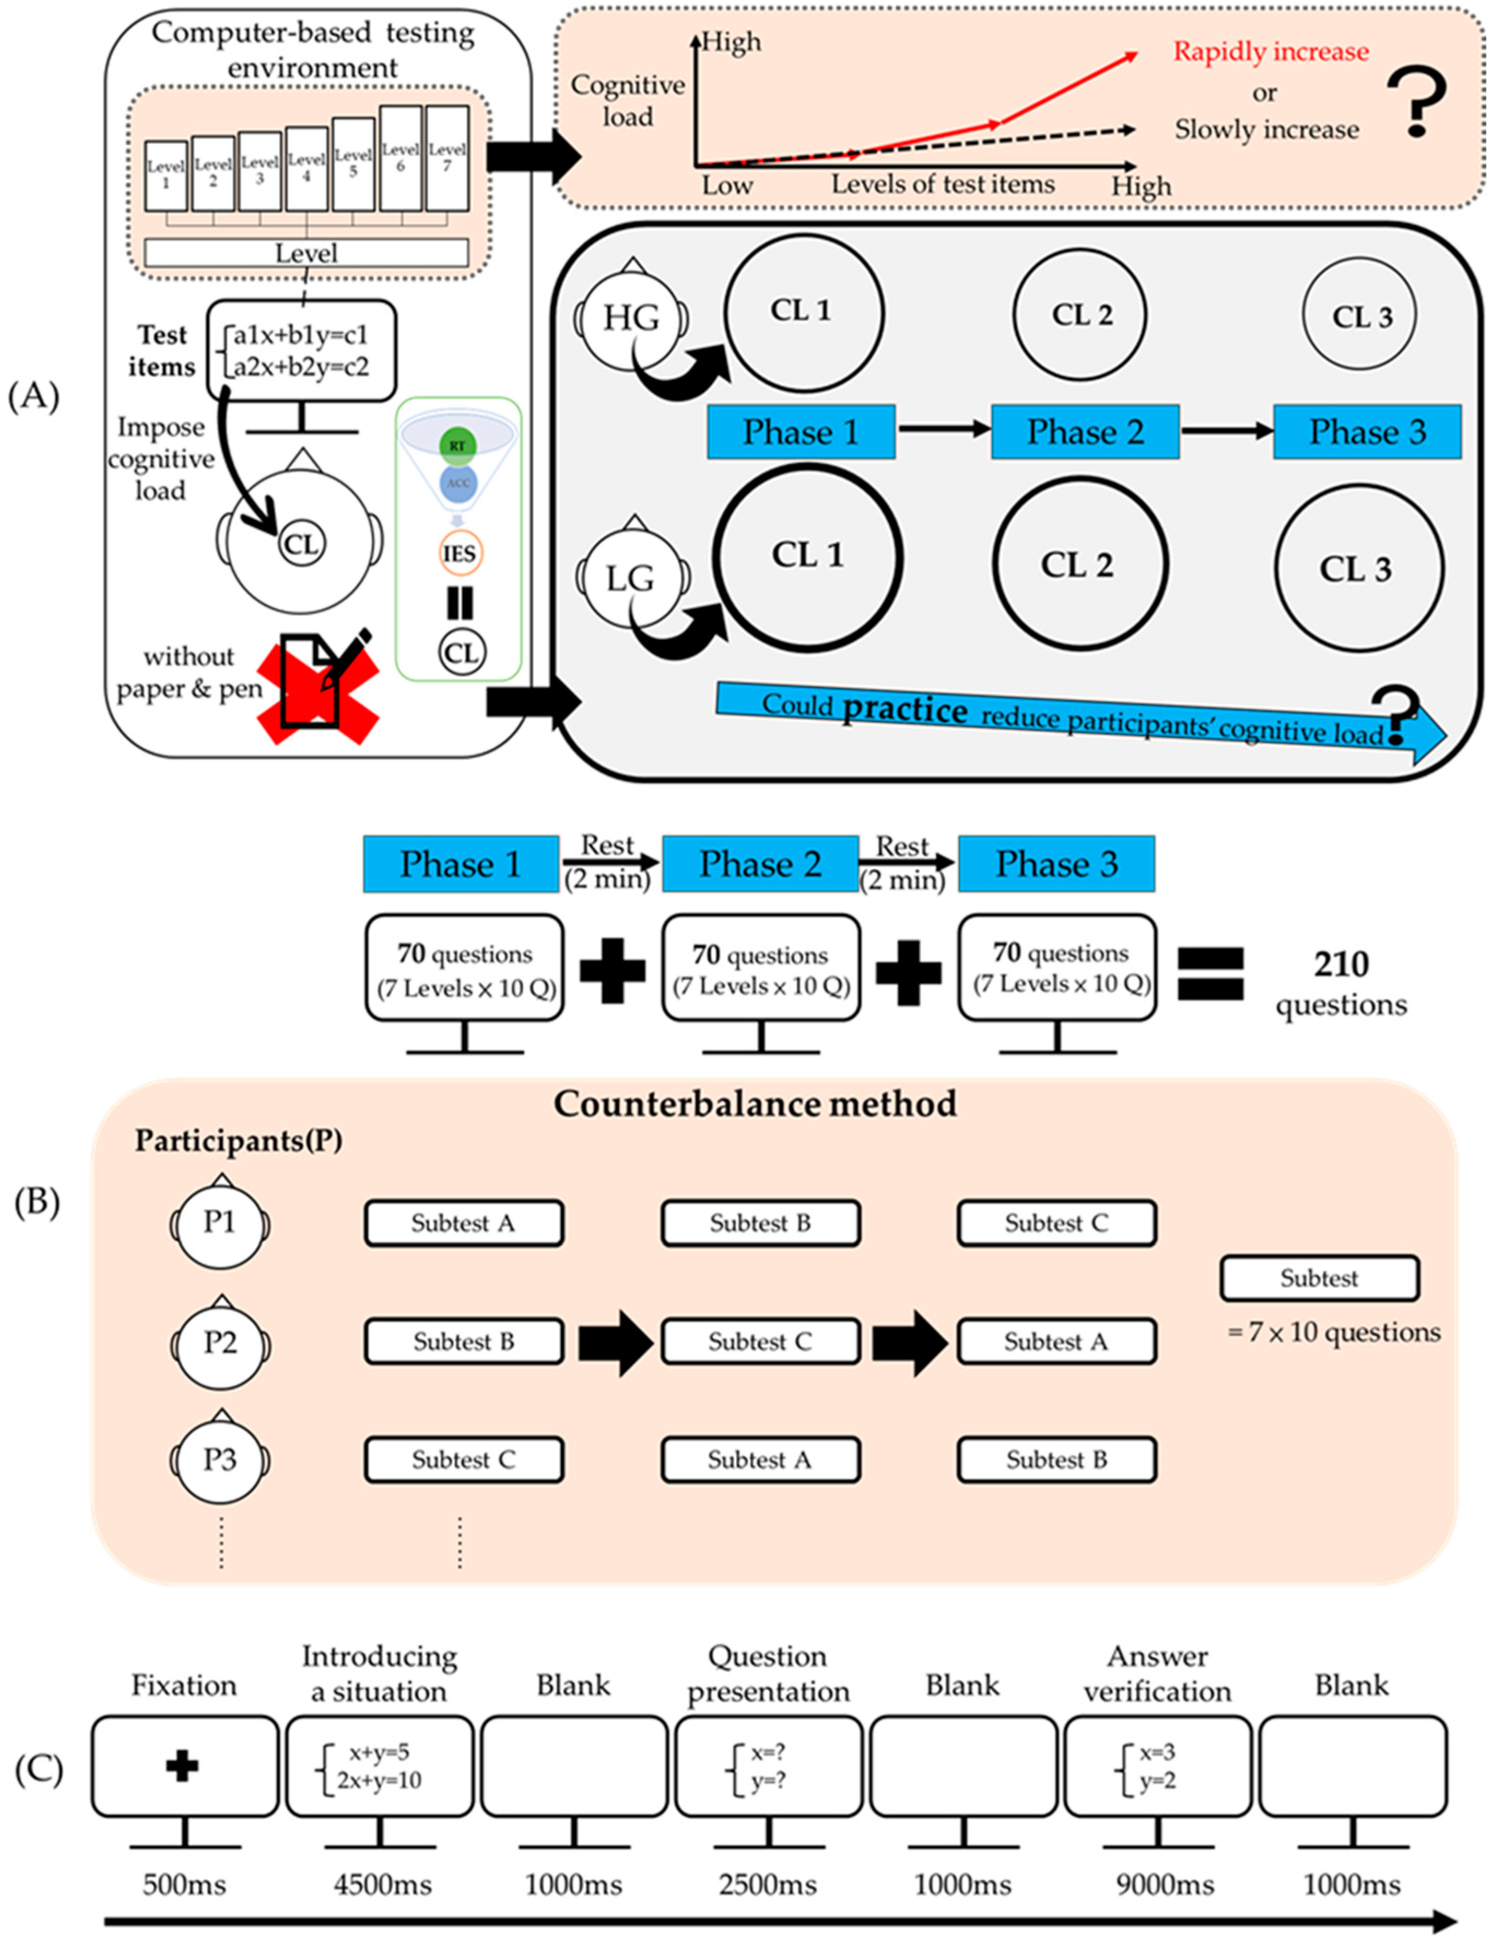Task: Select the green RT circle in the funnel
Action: pos(457,446)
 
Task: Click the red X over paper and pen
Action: pos(318,689)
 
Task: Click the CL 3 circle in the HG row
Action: pos(1360,316)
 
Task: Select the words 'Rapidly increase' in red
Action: pos(1271,51)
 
